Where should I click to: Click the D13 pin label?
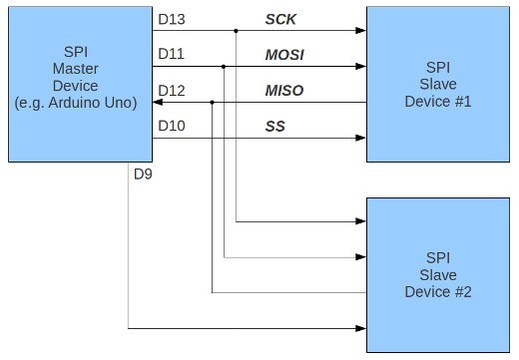click(170, 19)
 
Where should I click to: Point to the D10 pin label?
click(170, 126)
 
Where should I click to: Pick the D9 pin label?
click(143, 177)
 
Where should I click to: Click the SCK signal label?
click(280, 19)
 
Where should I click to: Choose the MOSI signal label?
click(283, 55)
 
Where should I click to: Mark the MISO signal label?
click(283, 91)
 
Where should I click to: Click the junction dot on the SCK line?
click(236, 31)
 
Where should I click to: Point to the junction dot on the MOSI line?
click(224, 67)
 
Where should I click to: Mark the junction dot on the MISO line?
click(212, 102)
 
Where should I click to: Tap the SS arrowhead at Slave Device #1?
click(360, 138)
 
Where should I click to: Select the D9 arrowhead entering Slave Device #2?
click(360, 327)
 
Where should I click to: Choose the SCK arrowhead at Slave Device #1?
click(360, 31)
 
